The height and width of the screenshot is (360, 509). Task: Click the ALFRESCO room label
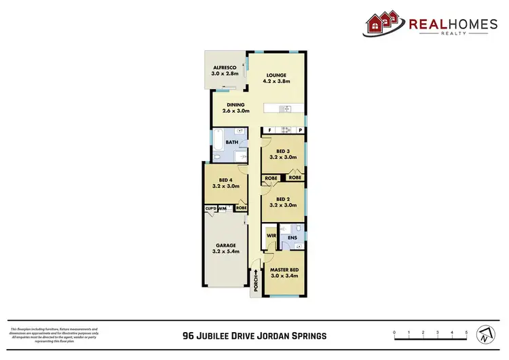tap(224, 68)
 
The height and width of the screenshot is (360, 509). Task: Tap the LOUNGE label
tap(277, 75)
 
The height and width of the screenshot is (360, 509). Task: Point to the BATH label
tap(232, 142)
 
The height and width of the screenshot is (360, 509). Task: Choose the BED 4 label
tap(218, 179)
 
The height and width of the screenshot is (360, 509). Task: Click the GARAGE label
tap(225, 245)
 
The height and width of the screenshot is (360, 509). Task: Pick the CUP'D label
tap(210, 208)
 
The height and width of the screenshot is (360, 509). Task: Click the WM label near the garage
tap(223, 208)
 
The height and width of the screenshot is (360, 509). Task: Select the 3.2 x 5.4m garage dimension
tap(225, 251)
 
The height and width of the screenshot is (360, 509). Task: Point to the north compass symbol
tap(484, 334)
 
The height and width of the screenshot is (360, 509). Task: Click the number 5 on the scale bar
tap(467, 332)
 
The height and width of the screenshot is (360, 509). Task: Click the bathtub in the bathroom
tap(216, 143)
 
